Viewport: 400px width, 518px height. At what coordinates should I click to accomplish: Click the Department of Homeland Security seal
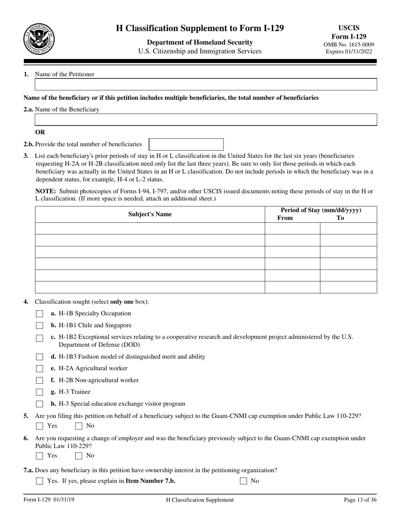coord(39,39)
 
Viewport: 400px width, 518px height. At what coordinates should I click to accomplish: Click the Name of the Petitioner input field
coord(205,85)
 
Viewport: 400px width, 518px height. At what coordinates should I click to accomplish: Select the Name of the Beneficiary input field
coord(205,120)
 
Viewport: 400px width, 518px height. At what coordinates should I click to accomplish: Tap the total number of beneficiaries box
coord(186,144)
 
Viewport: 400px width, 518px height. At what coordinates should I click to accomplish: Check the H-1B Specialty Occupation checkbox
coord(40,314)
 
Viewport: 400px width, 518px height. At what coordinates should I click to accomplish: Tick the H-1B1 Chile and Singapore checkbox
coord(40,326)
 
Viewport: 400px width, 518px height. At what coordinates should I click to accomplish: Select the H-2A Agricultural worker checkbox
coord(40,369)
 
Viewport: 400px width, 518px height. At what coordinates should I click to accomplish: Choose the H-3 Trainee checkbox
coord(40,392)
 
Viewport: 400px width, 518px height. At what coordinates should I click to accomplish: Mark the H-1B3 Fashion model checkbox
coord(40,357)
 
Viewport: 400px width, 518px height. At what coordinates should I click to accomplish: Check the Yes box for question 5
coord(40,426)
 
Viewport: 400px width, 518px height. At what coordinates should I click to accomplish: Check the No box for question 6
coord(79,456)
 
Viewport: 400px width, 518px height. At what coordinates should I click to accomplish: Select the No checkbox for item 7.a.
coord(243,481)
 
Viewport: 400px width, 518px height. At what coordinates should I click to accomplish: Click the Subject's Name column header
coord(150,214)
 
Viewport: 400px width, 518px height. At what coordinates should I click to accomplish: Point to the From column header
coord(285,218)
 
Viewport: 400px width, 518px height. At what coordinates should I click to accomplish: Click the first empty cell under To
coord(348,229)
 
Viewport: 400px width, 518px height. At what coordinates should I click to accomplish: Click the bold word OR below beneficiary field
coord(40,132)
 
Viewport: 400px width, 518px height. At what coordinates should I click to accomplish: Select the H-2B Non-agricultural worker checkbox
coord(40,381)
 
